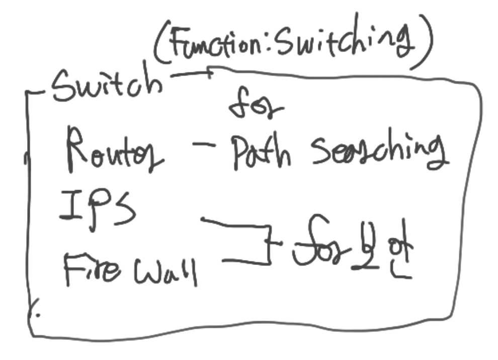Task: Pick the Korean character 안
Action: pos(402,254)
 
